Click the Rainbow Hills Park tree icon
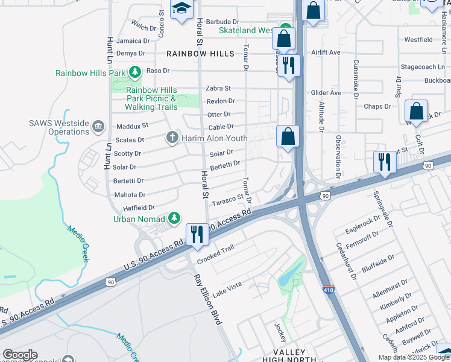coord(134,73)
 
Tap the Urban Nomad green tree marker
coord(175,217)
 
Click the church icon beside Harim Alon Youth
coord(173,138)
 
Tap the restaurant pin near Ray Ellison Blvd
coord(197,234)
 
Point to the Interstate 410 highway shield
coord(328,290)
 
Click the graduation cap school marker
coord(181,9)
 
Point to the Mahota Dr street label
coord(130,195)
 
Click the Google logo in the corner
coord(19,355)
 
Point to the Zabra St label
coord(218,88)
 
